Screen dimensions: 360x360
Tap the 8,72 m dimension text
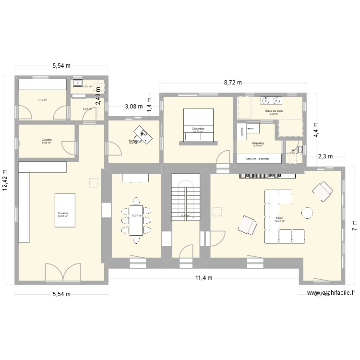(x=233, y=83)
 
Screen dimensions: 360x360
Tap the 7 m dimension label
(x=354, y=224)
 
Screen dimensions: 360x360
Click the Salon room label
(x=279, y=218)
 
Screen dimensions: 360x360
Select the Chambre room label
(x=198, y=129)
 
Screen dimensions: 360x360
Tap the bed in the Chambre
(x=198, y=124)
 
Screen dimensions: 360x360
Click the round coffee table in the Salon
(x=307, y=213)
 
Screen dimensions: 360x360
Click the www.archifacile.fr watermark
(x=332, y=292)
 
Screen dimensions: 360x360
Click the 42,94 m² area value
(x=279, y=221)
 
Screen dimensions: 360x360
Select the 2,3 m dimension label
(x=325, y=156)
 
